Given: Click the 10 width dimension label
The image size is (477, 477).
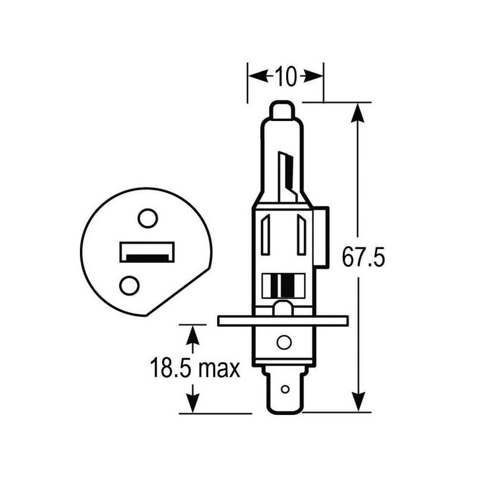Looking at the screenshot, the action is coord(286,76).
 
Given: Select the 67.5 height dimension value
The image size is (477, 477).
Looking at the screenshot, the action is coord(363,258).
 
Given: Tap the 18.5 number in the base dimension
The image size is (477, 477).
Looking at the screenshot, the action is coord(171,368).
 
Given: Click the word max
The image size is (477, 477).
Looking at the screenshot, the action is coord(219,370).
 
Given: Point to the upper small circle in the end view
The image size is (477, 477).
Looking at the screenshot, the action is coord(148,218).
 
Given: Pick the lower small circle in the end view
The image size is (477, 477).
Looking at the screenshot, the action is coord(129,286).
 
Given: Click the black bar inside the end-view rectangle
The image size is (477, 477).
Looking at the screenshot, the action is coord(147,258).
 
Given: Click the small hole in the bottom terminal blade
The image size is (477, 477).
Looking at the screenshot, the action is coord(285,389).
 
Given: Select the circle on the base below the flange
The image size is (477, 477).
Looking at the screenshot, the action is coord(284,342).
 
